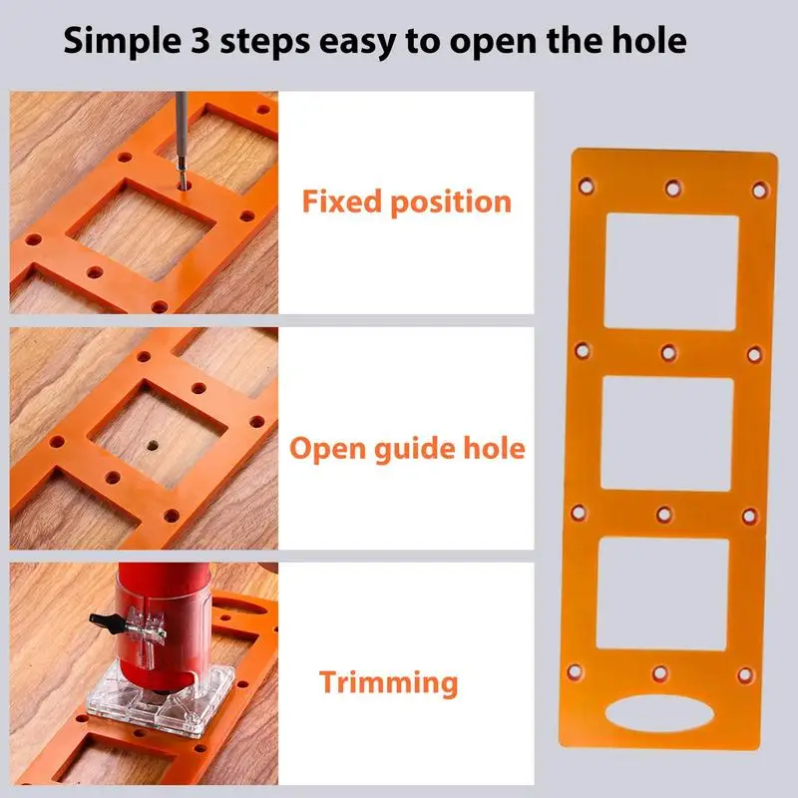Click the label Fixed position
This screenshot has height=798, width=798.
pos(406,202)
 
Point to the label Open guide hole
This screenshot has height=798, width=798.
pos(406,448)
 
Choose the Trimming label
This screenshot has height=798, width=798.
pos(389,683)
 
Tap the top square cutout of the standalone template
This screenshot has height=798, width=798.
pos(671,271)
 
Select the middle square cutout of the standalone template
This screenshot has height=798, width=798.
pos(667,434)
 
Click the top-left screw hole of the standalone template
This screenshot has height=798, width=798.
pos(588,186)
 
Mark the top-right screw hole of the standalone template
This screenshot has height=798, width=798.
pos(759,189)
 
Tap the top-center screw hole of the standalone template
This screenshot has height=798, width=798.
pos(673,187)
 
